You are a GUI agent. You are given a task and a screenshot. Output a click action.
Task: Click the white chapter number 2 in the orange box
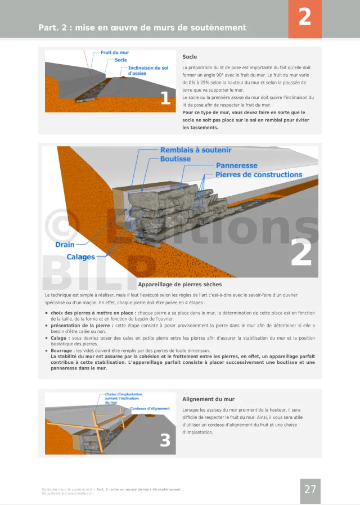(x=304, y=17)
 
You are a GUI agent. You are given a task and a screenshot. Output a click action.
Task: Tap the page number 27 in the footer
(x=310, y=489)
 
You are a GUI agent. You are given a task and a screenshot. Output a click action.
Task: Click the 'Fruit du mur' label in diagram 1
(x=115, y=53)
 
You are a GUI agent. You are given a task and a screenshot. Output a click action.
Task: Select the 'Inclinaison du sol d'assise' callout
(x=148, y=70)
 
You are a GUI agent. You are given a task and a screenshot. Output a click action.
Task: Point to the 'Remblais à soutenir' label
(x=195, y=150)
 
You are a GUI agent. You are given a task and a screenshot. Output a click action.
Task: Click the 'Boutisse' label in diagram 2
(x=175, y=159)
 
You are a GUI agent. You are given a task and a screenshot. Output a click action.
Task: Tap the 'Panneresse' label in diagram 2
(x=236, y=166)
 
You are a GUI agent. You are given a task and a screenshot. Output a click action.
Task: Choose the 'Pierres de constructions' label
(x=259, y=175)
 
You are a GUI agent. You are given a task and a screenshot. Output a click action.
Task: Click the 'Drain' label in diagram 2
(x=65, y=245)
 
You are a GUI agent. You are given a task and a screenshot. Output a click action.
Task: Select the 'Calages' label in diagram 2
(x=80, y=257)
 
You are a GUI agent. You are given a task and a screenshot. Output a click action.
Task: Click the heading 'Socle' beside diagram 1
(x=190, y=57)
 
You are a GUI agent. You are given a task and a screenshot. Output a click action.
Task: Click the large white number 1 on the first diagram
(x=165, y=98)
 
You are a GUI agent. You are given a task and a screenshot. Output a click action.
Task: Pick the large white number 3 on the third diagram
(x=165, y=440)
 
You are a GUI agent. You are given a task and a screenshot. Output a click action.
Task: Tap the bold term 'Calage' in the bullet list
(x=60, y=338)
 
